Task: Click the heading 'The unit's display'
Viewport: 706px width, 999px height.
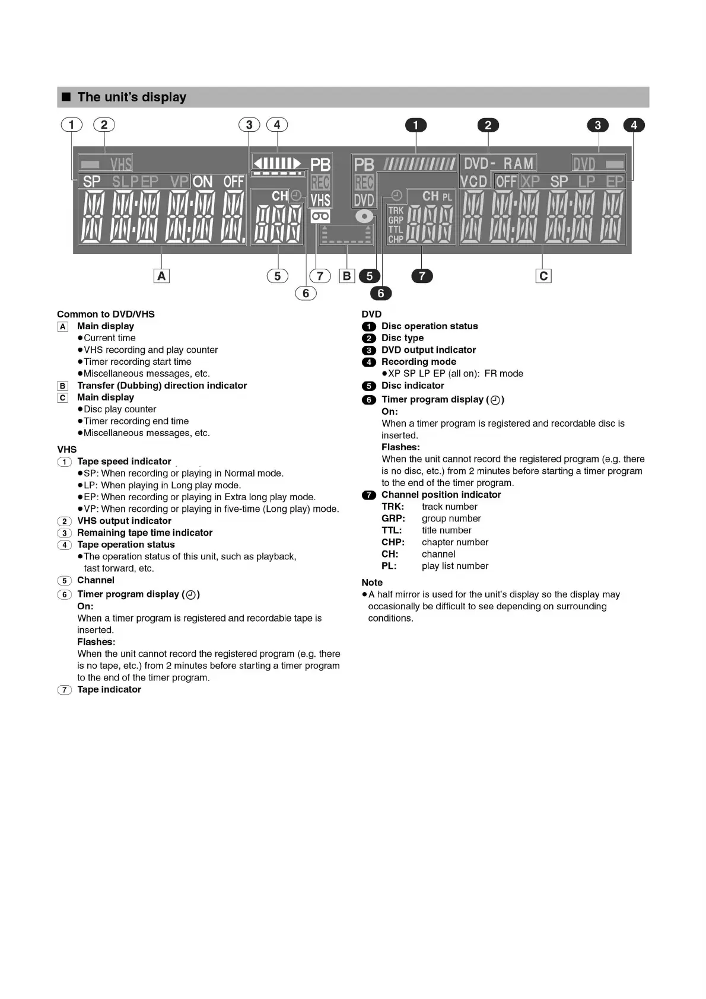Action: coord(132,97)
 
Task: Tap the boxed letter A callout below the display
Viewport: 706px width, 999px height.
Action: coord(161,276)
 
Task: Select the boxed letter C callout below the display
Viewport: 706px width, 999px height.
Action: coord(543,276)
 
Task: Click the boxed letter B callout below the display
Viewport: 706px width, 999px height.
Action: coord(347,276)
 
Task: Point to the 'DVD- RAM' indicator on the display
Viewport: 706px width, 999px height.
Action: coord(498,163)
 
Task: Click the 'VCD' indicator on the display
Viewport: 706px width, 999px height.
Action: coord(473,182)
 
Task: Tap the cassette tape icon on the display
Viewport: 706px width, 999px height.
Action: coord(320,217)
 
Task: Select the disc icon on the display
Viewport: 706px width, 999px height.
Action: coord(364,217)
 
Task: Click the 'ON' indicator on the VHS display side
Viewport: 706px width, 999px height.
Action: coord(203,182)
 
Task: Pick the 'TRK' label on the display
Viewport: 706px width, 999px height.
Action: coord(396,211)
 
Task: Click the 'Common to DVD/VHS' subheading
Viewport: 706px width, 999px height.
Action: coord(106,314)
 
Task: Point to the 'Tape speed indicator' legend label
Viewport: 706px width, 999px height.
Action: coord(124,462)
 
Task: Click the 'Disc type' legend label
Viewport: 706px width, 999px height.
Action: coord(402,338)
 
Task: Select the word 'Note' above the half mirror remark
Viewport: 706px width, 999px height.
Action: coord(372,583)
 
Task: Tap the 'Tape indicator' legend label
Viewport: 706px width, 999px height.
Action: coord(109,689)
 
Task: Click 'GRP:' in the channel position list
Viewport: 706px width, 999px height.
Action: coord(393,518)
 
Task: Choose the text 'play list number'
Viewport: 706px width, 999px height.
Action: coord(455,566)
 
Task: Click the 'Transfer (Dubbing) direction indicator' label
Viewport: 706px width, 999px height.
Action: coord(162,386)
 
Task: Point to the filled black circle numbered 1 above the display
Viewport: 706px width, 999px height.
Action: coord(416,125)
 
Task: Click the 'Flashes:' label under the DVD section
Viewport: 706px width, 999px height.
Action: coord(400,447)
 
